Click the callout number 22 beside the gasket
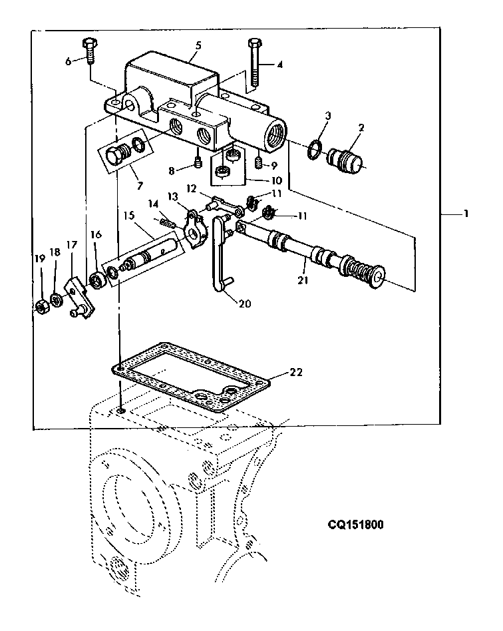click(296, 373)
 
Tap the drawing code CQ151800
click(355, 525)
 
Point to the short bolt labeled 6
click(89, 51)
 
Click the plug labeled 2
click(344, 160)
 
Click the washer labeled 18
click(57, 300)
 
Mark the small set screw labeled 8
click(198, 164)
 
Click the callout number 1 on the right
click(466, 214)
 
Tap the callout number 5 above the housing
click(198, 45)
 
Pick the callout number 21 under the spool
click(303, 280)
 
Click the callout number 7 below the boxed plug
click(140, 186)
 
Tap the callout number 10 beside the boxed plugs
click(276, 180)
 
